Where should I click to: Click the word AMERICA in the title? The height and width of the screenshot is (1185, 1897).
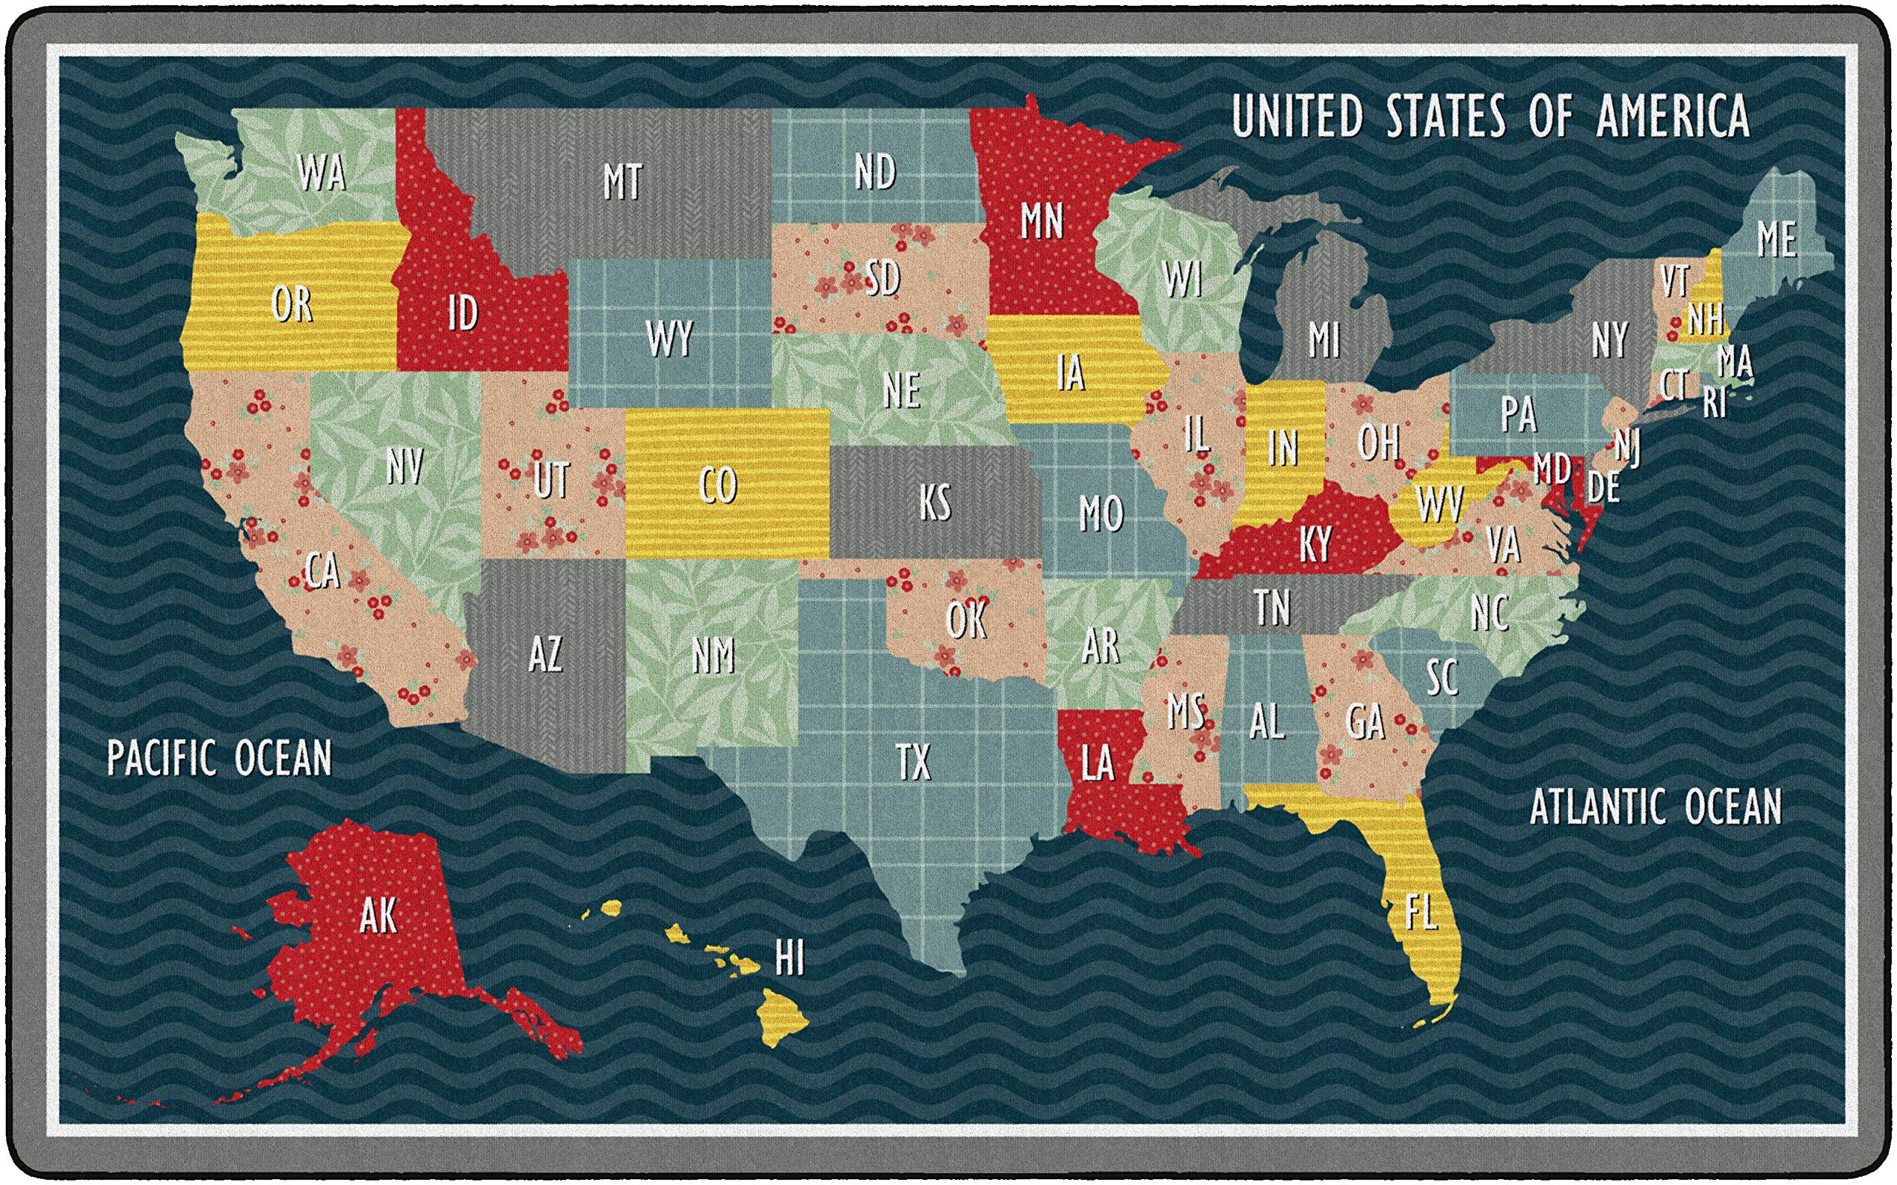[x=1672, y=116]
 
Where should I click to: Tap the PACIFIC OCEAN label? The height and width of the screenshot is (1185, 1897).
[x=219, y=758]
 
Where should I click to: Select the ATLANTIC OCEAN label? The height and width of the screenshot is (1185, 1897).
[x=1655, y=807]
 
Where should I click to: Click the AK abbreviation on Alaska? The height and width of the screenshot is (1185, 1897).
[x=379, y=915]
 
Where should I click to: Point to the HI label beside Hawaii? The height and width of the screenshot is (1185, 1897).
[x=789, y=958]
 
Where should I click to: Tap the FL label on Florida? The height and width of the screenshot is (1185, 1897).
[x=1421, y=912]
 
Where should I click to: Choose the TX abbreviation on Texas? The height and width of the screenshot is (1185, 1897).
[x=913, y=762]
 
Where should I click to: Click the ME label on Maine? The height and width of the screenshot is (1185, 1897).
[x=1776, y=240]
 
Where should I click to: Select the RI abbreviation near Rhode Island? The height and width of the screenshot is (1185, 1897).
[x=1715, y=404]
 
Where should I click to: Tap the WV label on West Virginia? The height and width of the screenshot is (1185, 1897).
[x=1438, y=504]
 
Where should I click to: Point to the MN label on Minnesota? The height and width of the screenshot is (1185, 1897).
[x=1042, y=221]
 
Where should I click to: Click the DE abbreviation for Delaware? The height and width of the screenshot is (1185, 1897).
[x=1603, y=487]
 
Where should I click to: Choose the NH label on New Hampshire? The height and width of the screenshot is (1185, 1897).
[x=1705, y=319]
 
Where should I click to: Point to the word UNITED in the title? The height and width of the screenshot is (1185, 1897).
[x=1297, y=116]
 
